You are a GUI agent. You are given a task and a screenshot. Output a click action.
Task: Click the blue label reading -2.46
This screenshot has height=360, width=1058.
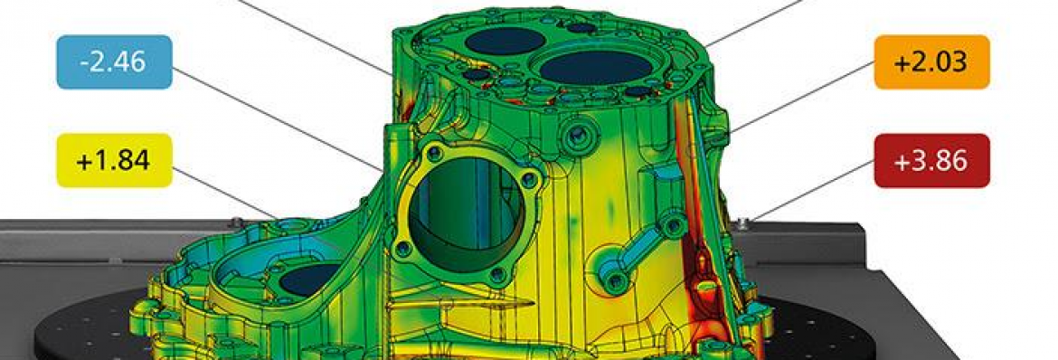pyautogui.click(x=114, y=62)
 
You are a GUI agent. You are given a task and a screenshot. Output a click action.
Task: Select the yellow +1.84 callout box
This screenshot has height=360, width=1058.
pyautogui.click(x=114, y=161)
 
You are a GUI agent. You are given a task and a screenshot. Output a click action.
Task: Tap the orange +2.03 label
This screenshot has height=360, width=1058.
pyautogui.click(x=931, y=62)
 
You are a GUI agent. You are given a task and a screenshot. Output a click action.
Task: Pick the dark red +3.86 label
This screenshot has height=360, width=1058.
pyautogui.click(x=931, y=161)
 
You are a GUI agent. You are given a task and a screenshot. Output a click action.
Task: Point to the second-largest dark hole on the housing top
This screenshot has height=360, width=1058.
pyautogui.click(x=505, y=42)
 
